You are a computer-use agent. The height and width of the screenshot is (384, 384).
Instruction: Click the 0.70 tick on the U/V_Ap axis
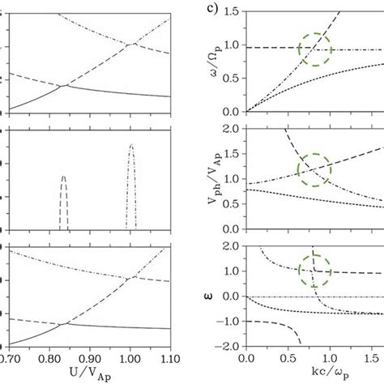click(10, 356)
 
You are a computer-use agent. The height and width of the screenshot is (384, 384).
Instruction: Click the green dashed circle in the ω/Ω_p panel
click(315, 49)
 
